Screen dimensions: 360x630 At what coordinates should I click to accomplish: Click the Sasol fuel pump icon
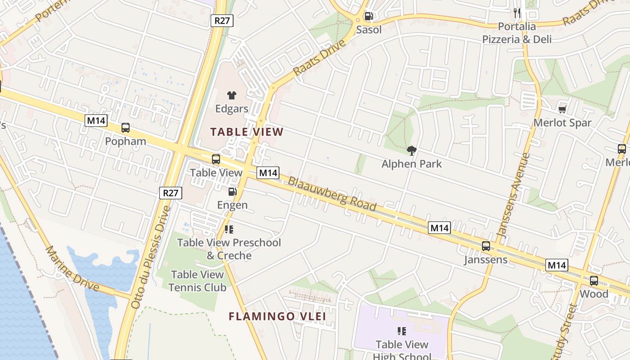coord(369,16)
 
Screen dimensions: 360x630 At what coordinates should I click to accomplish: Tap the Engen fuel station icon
coord(232,192)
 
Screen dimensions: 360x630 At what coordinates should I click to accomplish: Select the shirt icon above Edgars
coord(232,95)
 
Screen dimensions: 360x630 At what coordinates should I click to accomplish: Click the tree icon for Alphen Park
coord(411,150)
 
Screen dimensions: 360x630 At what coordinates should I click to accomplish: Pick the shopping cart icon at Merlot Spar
coord(562,109)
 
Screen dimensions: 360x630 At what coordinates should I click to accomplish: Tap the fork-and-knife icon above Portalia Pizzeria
coord(517,13)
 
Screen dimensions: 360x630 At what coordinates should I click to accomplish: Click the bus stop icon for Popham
coord(126,128)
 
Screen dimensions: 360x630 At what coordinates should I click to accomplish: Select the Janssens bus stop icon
coord(486,246)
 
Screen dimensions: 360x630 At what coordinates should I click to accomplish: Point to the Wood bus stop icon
coord(594,281)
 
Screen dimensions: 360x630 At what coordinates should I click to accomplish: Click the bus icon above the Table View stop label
coord(216,159)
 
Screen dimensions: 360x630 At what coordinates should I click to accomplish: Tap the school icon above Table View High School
coord(402,331)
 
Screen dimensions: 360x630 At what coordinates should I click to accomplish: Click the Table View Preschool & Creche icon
coord(229,229)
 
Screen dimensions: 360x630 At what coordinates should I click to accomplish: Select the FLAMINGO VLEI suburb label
coord(277,316)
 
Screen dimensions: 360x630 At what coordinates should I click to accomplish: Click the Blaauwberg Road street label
coord(332,193)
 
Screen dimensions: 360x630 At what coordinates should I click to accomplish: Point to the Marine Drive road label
coord(72,269)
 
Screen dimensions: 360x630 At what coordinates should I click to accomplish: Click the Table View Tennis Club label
coord(197,281)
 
